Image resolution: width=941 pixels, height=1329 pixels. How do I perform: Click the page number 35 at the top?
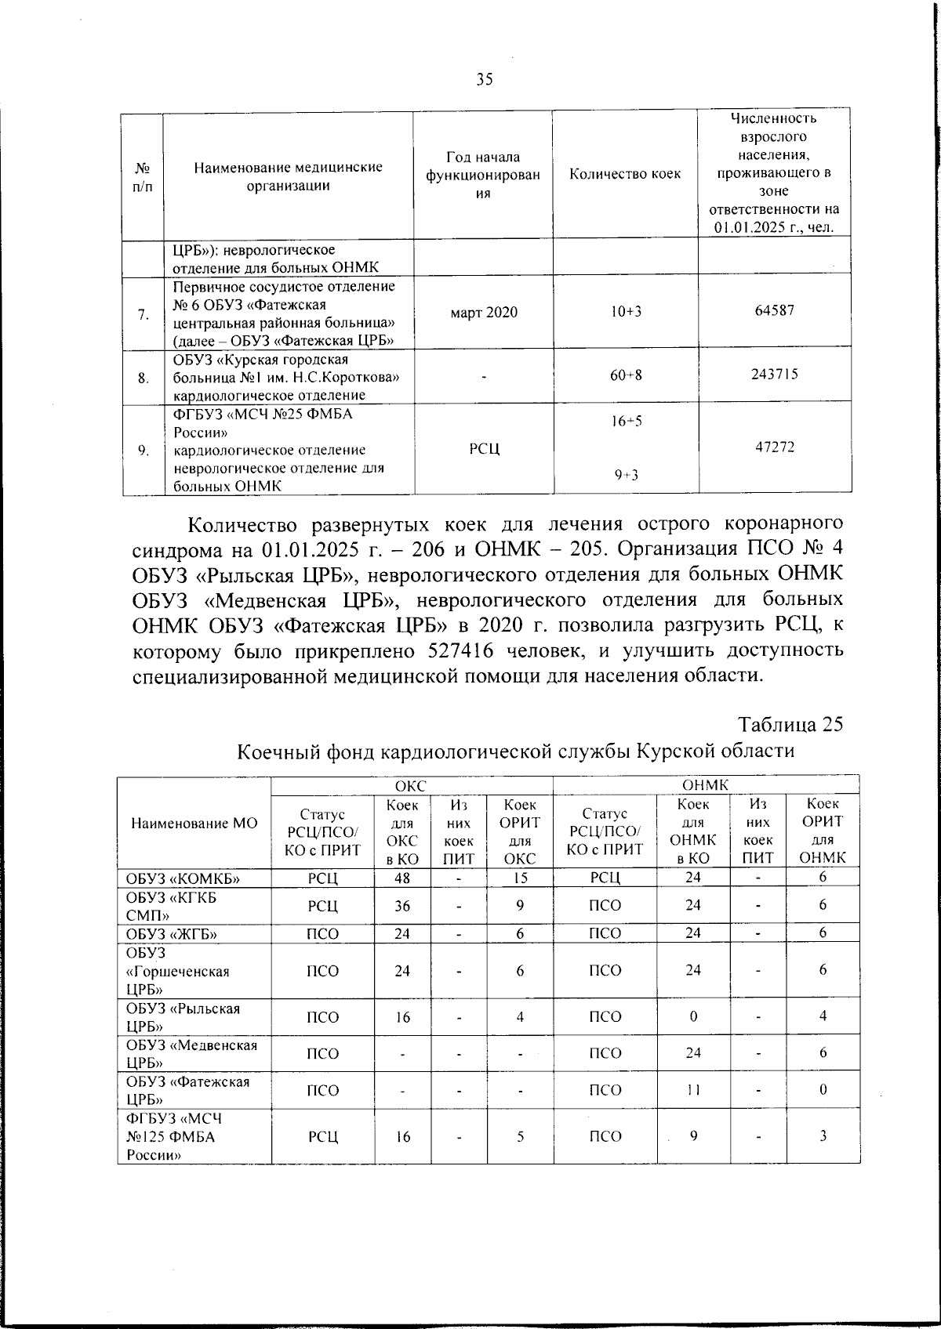(x=484, y=78)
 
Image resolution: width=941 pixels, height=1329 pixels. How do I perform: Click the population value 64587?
(x=774, y=310)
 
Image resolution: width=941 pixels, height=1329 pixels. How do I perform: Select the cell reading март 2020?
(x=484, y=312)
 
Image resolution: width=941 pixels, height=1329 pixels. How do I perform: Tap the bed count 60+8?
(x=625, y=375)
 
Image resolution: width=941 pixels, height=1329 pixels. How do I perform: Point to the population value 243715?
(x=774, y=374)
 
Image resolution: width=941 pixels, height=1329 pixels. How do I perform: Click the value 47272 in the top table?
(x=774, y=447)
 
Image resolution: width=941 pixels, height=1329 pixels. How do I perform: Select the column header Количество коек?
(x=625, y=174)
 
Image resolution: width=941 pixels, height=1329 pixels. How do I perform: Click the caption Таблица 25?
(x=790, y=724)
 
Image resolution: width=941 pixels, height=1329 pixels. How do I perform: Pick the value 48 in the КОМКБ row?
(x=402, y=878)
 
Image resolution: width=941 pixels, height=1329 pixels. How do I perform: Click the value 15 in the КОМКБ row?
(x=519, y=878)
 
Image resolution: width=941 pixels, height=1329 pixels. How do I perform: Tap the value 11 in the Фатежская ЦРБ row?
(x=692, y=1090)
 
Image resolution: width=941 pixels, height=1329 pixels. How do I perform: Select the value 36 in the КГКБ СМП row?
(x=402, y=906)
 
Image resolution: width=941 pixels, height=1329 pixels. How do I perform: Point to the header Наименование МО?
(x=194, y=824)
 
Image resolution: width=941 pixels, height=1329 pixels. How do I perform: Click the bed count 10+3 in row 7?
(x=625, y=312)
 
